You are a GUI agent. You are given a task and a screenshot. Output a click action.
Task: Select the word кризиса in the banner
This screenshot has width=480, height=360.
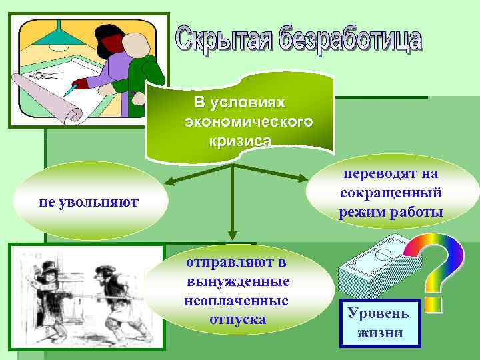pos(240,141)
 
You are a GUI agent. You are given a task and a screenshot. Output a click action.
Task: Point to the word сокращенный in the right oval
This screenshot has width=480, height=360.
pos(391,193)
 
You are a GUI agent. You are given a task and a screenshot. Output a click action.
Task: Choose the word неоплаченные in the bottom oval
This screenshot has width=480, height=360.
pos(237,301)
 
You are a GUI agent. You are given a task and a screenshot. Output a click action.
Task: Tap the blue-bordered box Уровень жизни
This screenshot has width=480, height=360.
pos(380,323)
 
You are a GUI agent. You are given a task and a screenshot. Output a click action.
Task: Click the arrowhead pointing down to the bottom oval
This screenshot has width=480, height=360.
pos(232,235)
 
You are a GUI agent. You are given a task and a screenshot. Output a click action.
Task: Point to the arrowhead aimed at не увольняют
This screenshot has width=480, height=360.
pos(171,181)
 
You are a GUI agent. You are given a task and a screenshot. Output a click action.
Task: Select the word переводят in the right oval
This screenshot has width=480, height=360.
pos(391,174)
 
